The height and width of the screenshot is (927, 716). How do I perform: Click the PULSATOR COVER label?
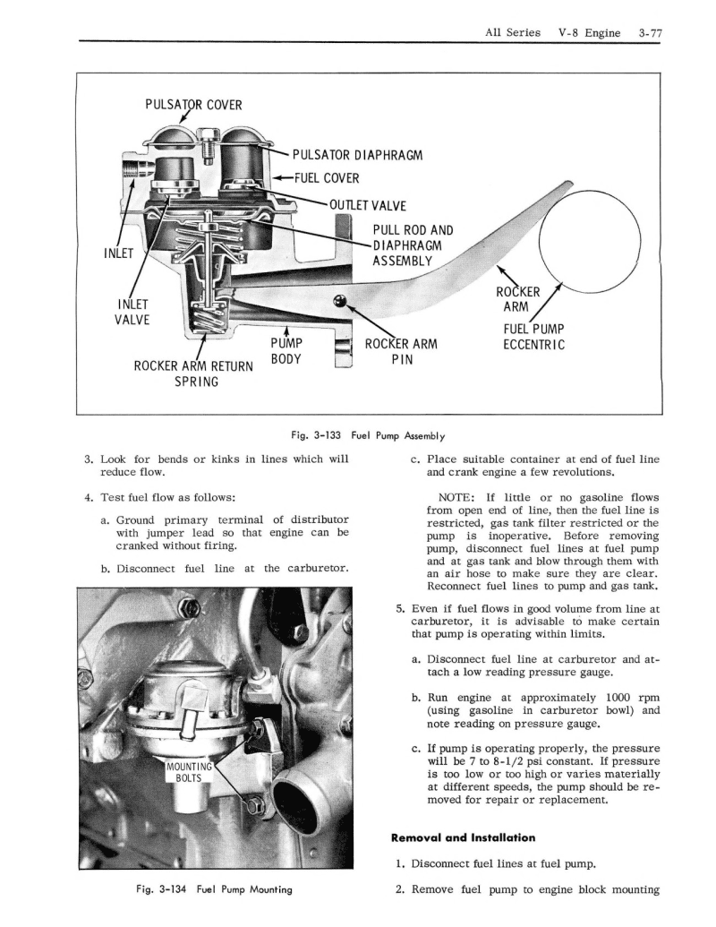coord(193,104)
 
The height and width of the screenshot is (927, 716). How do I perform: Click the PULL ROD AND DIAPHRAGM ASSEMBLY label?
coord(406,245)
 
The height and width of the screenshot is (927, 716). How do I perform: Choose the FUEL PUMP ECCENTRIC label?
coord(532,337)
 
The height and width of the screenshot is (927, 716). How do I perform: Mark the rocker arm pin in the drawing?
coord(339,300)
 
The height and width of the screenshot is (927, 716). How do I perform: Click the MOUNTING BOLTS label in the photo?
coord(190,771)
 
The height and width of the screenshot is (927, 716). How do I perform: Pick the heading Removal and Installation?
coord(463,837)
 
